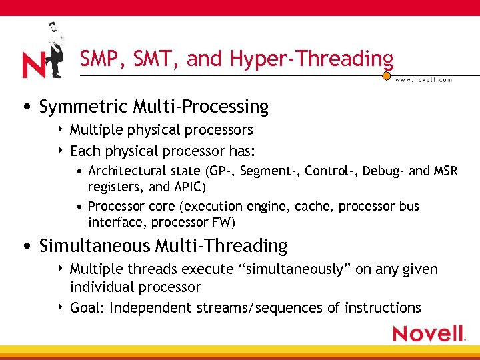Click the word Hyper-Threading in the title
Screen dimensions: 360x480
pyautogui.click(x=311, y=59)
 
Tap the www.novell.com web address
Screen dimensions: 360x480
pyautogui.click(x=424, y=79)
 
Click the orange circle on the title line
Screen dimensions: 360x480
pyautogui.click(x=386, y=76)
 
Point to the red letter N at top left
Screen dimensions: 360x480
pyautogui.click(x=33, y=65)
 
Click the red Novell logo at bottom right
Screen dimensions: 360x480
pyautogui.click(x=428, y=334)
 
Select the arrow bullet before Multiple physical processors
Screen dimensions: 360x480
pyautogui.click(x=61, y=129)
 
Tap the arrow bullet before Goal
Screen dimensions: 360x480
pyautogui.click(x=61, y=307)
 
